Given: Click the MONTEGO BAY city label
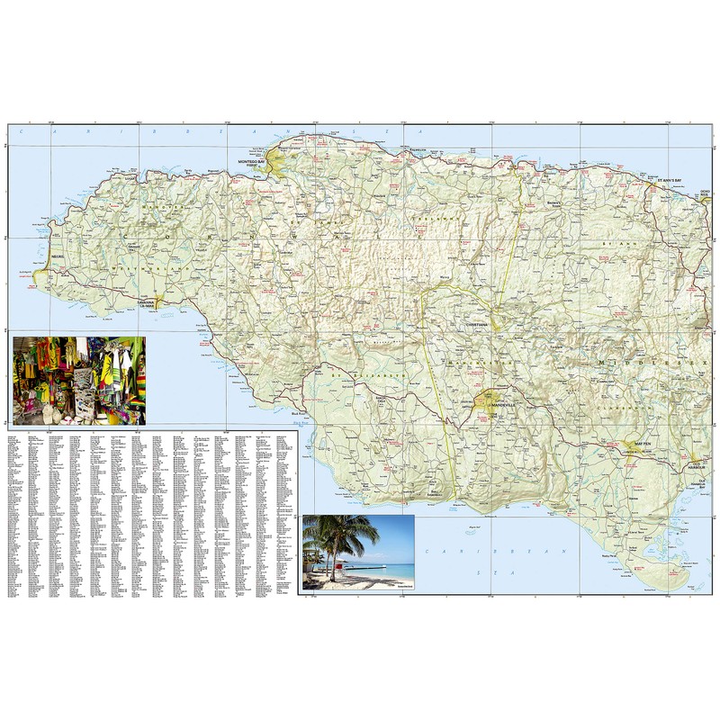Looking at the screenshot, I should pyautogui.click(x=253, y=161).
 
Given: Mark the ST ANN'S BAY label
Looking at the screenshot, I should pyautogui.click(x=669, y=180).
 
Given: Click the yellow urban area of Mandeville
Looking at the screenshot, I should pyautogui.click(x=490, y=398).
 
